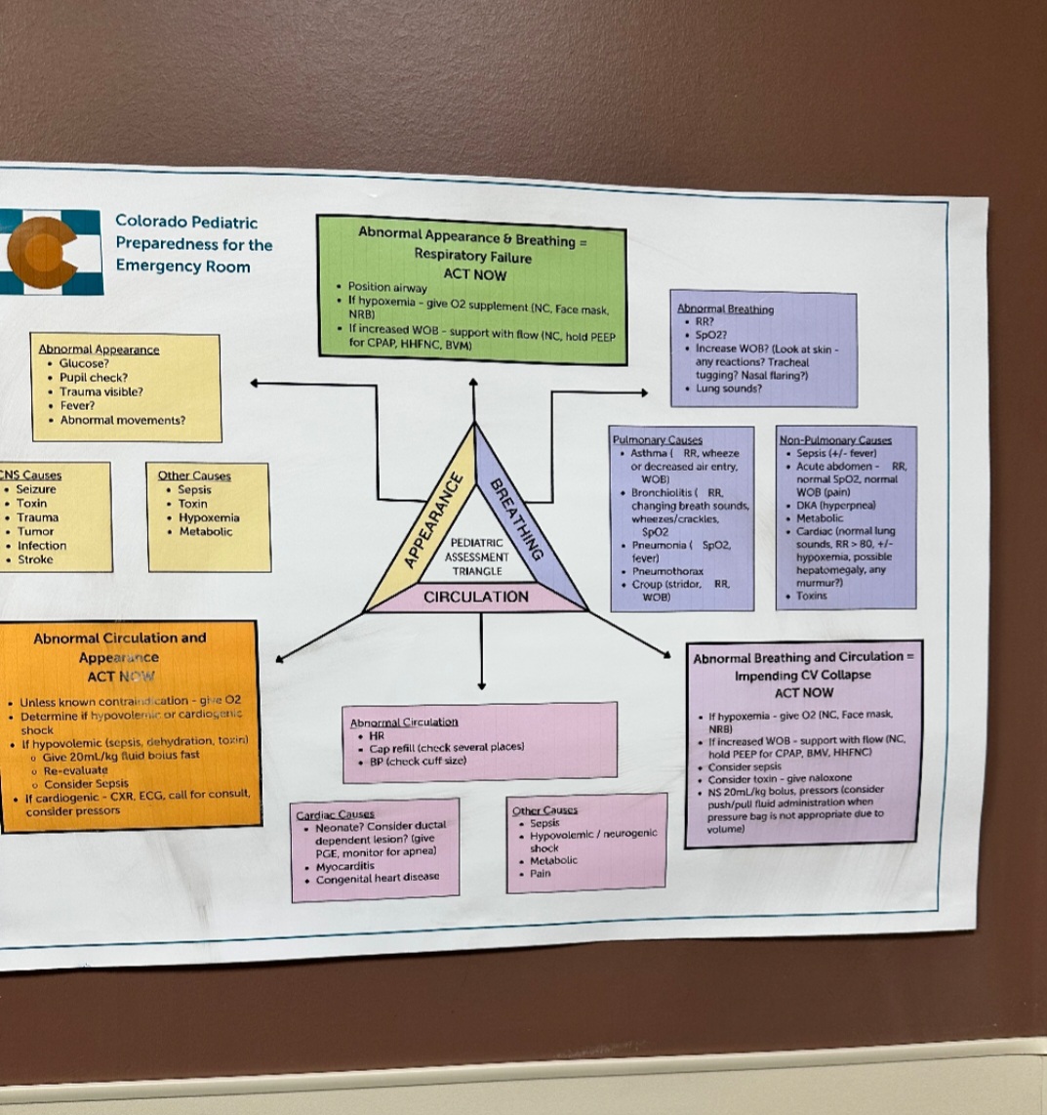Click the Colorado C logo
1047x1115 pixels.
point(44,252)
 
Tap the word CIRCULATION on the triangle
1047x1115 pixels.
point(476,597)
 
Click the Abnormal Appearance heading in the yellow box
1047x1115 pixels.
point(99,349)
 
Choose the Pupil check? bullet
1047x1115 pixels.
point(94,377)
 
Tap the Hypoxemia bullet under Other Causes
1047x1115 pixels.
point(209,517)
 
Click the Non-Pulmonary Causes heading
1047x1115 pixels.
point(835,440)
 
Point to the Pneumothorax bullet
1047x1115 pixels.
point(667,571)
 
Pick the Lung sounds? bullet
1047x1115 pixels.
point(729,389)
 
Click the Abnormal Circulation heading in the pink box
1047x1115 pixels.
point(404,722)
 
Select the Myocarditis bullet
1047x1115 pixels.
point(345,866)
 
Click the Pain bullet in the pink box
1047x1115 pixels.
point(541,874)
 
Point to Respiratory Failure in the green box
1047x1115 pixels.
point(473,258)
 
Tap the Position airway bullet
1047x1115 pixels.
point(387,288)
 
